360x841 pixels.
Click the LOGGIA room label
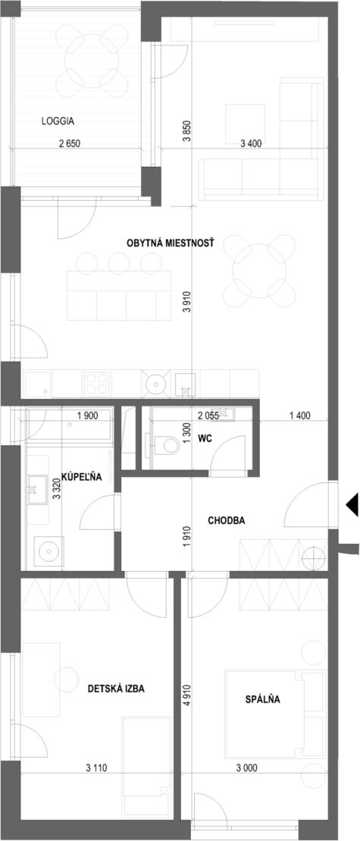(x=58, y=122)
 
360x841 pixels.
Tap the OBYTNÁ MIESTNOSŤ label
(x=171, y=243)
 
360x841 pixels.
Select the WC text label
(x=205, y=438)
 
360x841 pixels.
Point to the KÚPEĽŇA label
(x=81, y=476)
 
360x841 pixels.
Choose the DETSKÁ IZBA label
(x=116, y=689)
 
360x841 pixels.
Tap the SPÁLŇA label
(x=262, y=699)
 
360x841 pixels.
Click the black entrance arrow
(x=352, y=505)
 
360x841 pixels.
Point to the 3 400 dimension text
(x=252, y=143)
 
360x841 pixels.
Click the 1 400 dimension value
(x=300, y=415)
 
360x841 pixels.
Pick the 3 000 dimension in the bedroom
(x=246, y=767)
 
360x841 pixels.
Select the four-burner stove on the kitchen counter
(x=97, y=384)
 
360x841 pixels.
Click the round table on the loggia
(x=91, y=60)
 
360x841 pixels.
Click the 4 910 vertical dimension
(x=187, y=702)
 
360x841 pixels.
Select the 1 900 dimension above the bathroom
(x=89, y=415)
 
